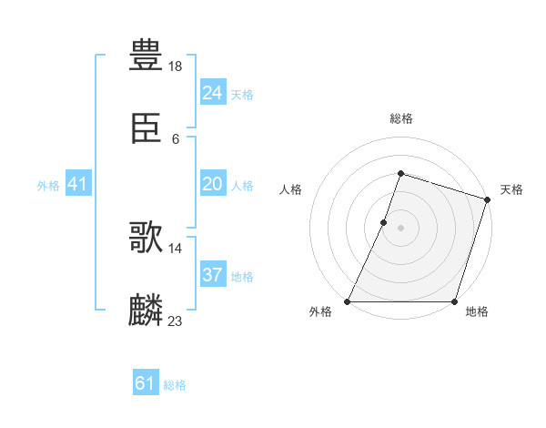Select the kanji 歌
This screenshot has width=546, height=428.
146,239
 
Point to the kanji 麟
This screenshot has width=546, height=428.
146,310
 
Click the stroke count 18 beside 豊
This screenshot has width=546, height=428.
177,66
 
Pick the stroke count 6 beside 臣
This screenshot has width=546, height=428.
176,139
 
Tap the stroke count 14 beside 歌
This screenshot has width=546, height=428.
177,248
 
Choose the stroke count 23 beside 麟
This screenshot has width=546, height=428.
177,321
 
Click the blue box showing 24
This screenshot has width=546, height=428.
213,93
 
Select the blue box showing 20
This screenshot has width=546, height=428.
213,184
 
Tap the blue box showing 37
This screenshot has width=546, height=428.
213,275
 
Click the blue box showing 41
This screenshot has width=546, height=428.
78,184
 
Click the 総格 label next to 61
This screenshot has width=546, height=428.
175,385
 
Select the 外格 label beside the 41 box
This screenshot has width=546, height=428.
48,186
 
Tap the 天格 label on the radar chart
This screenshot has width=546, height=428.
511,189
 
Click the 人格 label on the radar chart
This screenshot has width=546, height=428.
290,189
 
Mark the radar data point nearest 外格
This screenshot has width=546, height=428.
348,301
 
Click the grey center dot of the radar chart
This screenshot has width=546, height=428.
400,228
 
